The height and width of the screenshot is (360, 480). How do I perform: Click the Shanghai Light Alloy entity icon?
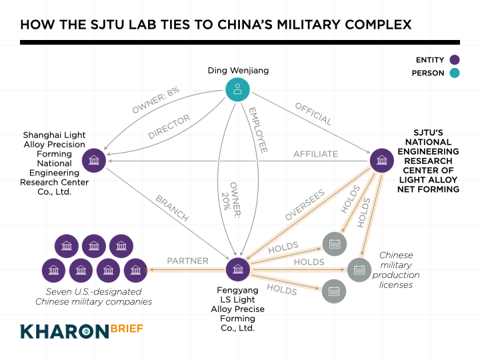click(x=93, y=160)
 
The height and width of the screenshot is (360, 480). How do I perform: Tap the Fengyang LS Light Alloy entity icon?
click(x=237, y=270)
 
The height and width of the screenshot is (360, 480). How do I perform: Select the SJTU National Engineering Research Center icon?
click(x=381, y=160)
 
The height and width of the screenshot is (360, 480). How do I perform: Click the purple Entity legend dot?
click(x=455, y=59)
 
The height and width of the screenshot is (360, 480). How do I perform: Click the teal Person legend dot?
click(x=455, y=73)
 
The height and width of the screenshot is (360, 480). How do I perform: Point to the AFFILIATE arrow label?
click(x=315, y=154)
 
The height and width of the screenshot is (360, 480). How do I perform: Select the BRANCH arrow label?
click(x=172, y=208)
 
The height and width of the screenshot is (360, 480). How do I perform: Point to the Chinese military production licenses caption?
click(x=396, y=270)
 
